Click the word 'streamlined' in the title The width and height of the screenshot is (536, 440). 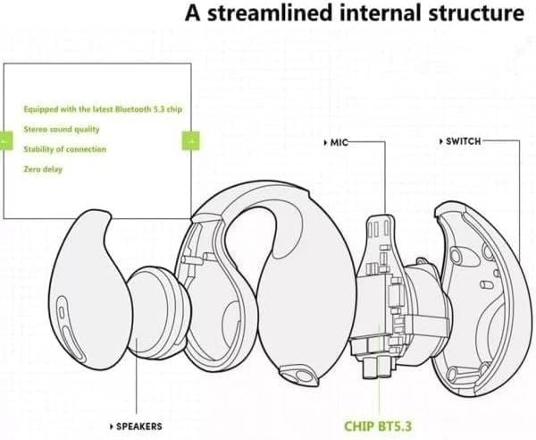pos(270,13)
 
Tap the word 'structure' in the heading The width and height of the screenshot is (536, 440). pos(473,13)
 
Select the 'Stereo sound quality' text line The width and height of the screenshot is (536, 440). pos(62,129)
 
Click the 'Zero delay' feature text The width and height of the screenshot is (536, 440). pos(43,167)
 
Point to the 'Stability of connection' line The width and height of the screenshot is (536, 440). pos(65,148)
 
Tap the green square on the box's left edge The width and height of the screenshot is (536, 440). pos(6,140)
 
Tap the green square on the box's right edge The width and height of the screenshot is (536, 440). pos(190,140)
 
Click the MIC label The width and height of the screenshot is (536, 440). pos(338,142)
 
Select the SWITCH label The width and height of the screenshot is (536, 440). pos(463,141)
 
